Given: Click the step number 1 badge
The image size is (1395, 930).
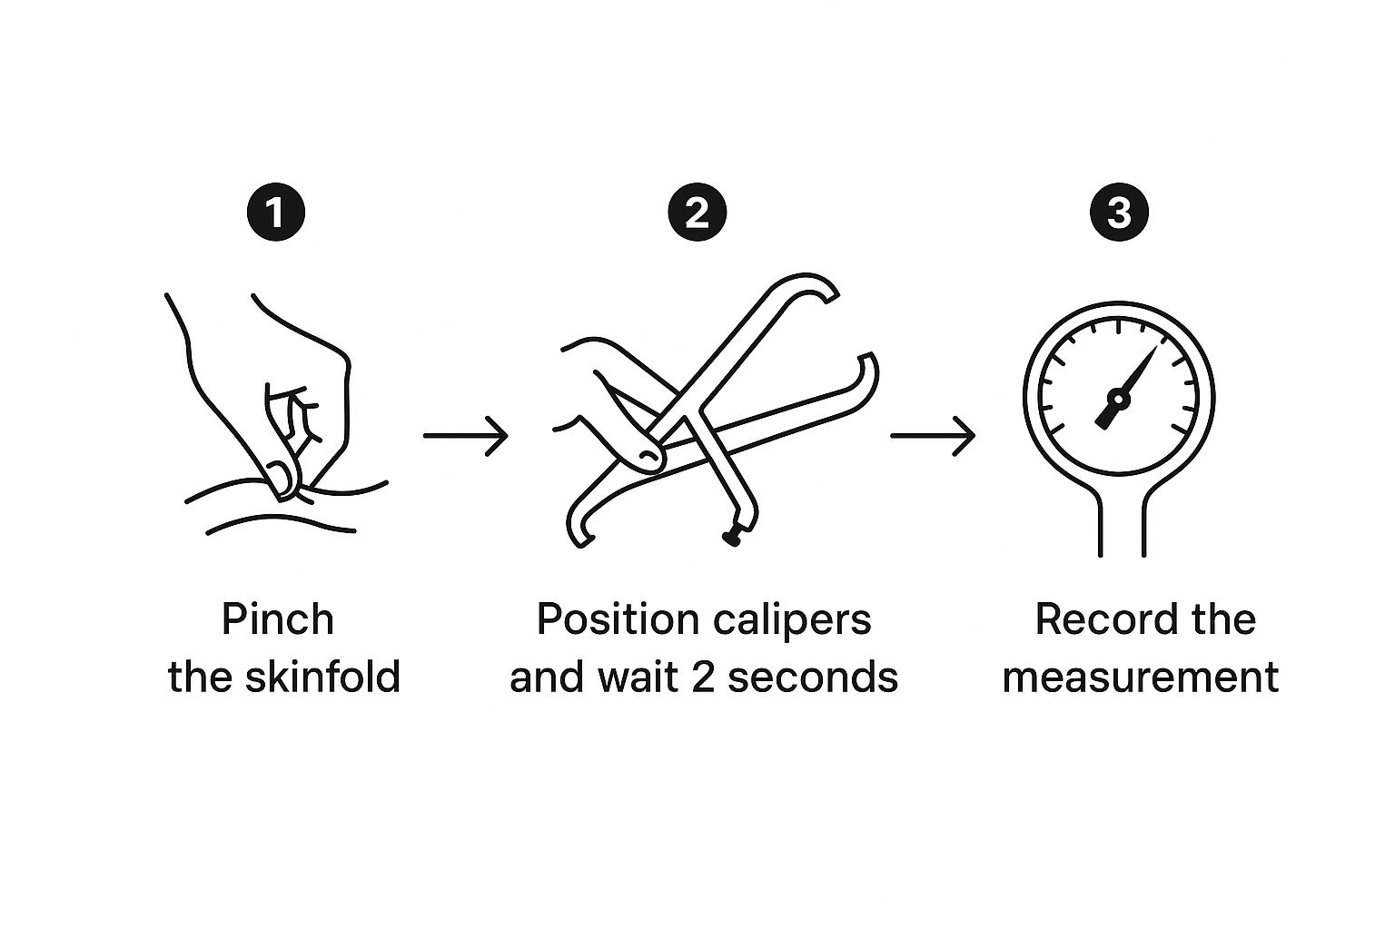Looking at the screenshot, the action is pos(276,213).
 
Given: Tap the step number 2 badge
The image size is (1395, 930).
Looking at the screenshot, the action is pos(697,213).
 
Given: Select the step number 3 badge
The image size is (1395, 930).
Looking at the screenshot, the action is pos(1118,213).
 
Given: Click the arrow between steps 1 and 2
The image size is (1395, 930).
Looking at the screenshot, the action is pos(465,436).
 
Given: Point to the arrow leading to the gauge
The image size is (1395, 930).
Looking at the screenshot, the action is pos(932,436).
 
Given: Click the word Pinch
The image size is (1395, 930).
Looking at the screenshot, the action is pos(278,620).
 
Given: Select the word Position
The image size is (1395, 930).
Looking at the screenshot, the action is pos(617,620).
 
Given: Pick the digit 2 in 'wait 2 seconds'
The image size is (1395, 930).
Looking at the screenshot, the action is pos(703,678).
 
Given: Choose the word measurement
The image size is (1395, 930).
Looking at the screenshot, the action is pos(1140,678).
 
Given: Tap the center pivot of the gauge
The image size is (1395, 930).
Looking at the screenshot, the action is pos(1118,398).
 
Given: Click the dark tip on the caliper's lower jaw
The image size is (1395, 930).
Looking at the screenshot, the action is pos(730,539).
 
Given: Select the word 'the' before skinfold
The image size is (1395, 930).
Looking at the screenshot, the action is pos(200,678).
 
